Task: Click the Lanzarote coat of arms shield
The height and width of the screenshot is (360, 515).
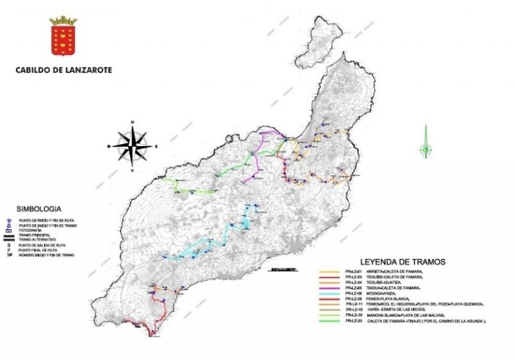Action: [64, 38]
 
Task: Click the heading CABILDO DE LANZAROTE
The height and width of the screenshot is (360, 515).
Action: [64, 69]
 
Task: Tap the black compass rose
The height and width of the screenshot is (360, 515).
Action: [132, 145]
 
